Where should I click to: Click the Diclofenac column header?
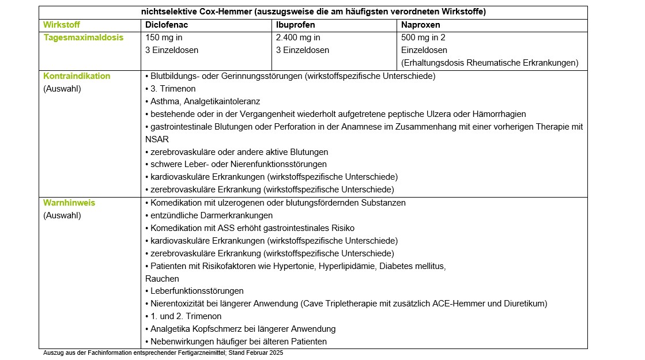[x=167, y=25]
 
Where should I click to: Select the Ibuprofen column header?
[x=295, y=25]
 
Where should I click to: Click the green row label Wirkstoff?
[x=62, y=25]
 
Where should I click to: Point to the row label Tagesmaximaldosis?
[x=84, y=37]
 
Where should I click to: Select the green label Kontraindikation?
[x=77, y=76]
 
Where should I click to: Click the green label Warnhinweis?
[x=69, y=203]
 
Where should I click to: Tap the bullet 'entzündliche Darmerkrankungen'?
[x=211, y=215]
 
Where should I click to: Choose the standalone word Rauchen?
[x=163, y=279]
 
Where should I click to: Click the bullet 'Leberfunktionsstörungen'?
[x=197, y=291]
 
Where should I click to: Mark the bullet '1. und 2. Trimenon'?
[x=186, y=316]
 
